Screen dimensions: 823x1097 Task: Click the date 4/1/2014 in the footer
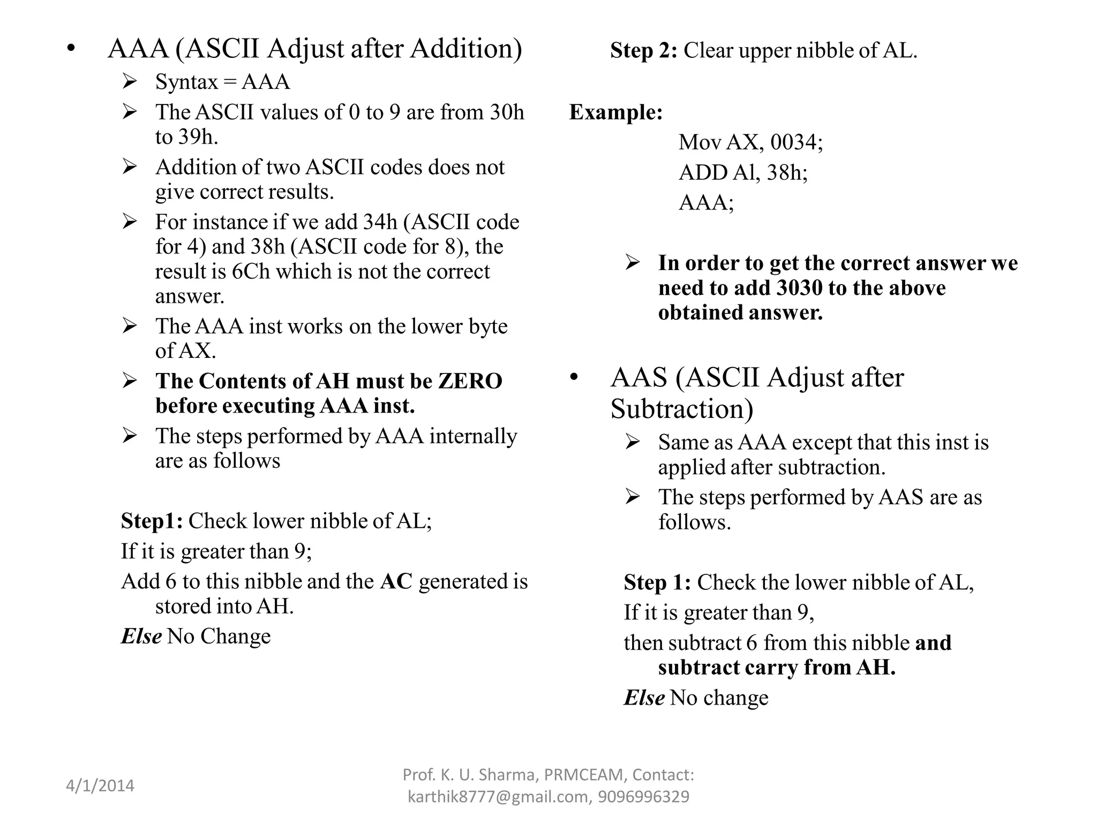point(100,786)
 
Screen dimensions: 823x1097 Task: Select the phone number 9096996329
point(643,797)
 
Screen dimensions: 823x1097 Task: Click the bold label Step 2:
point(643,50)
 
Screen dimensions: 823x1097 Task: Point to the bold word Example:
point(615,112)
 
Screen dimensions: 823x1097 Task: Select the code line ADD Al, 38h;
point(743,173)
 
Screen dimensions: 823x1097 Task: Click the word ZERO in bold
point(470,381)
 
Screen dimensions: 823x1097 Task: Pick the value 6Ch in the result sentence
point(251,271)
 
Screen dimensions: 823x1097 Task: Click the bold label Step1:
point(152,521)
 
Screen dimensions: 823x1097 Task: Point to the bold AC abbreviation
point(396,581)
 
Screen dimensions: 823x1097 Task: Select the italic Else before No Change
point(141,637)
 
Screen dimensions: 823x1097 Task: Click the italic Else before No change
point(644,698)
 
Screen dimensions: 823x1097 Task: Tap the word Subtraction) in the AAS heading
point(681,409)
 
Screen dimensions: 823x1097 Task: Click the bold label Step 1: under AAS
point(657,582)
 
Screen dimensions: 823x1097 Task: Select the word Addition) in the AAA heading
point(466,49)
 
